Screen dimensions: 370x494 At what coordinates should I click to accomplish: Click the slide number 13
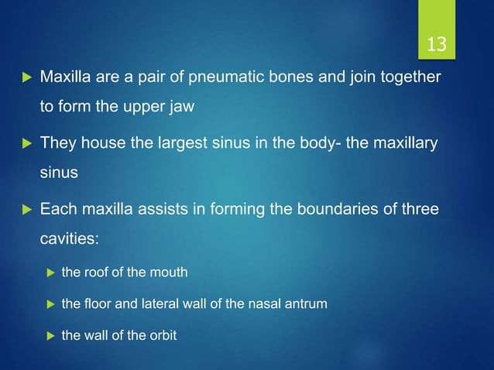pyautogui.click(x=437, y=44)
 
